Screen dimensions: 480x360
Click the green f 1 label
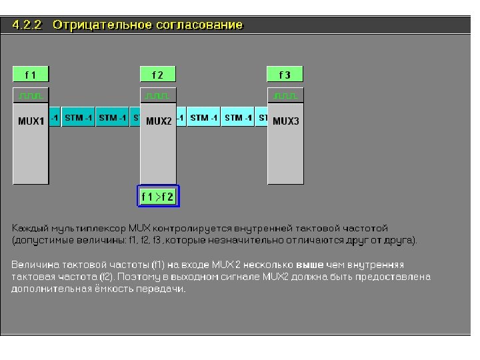coord(31,75)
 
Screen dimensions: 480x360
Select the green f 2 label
coord(158,75)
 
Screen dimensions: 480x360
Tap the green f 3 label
coord(285,75)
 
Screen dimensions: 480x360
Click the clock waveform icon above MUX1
coord(31,95)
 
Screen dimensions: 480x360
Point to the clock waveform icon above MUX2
coord(158,95)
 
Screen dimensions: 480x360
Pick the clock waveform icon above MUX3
coord(285,95)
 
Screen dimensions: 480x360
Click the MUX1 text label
coord(31,121)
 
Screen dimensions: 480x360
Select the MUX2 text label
coord(159,121)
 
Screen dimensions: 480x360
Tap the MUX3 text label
coord(286,121)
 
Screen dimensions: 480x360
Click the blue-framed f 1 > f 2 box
coord(158,197)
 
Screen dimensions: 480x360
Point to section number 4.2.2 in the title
coord(27,25)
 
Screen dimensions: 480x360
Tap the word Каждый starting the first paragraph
coord(29,228)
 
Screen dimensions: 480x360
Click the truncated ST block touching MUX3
coord(263,118)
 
